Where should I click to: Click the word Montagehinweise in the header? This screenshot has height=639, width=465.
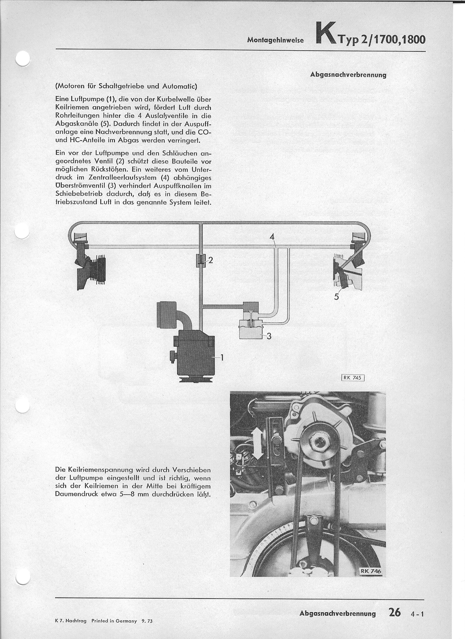click(x=275, y=40)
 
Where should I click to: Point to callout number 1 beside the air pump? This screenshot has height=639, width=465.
click(x=222, y=358)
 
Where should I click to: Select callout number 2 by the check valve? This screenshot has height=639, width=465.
click(x=210, y=261)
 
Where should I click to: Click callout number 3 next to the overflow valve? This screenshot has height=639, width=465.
click(x=269, y=336)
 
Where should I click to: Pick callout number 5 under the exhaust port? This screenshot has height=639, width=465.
click(x=336, y=297)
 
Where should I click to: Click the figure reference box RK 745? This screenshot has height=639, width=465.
click(x=353, y=378)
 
